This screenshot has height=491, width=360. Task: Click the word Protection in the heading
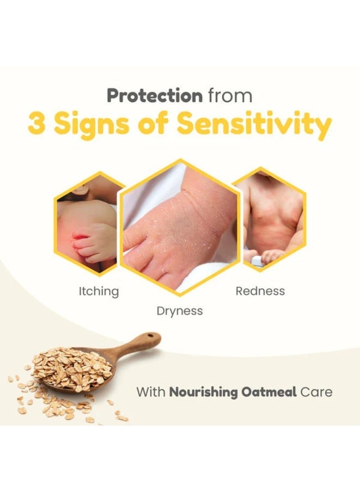[155, 95]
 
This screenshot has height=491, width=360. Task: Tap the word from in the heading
[230, 95]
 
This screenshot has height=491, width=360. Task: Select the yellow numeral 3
[36, 123]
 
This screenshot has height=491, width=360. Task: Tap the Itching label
[99, 291]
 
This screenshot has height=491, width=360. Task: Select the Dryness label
[179, 311]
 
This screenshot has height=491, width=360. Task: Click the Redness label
[260, 291]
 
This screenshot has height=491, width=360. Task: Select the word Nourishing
[203, 392]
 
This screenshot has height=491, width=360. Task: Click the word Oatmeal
[269, 392]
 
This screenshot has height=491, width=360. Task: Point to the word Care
[316, 392]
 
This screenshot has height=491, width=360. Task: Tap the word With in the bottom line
[151, 392]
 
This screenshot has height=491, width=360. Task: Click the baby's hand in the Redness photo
[271, 257]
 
